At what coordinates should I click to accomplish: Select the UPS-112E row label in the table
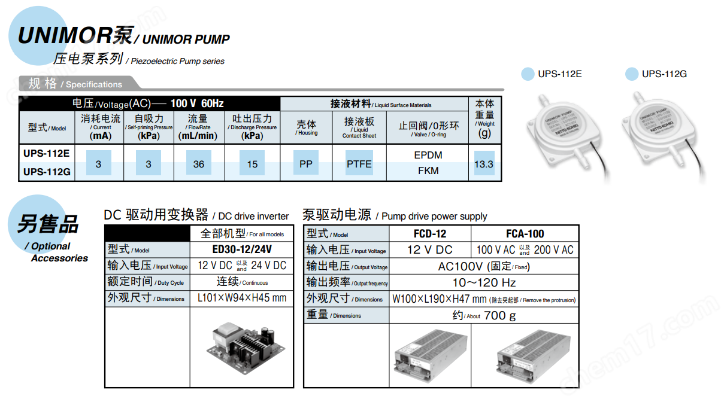[x=47, y=153]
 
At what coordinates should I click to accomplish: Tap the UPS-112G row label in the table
[x=47, y=172]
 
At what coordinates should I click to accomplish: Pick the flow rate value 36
[x=199, y=164]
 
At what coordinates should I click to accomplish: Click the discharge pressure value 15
[x=252, y=164]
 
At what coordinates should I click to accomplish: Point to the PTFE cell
[x=359, y=164]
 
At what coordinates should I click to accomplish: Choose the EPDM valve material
[x=428, y=155]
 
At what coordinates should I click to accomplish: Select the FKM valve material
[x=428, y=171]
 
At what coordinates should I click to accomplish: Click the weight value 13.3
[x=484, y=164]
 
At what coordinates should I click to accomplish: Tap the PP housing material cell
[x=306, y=164]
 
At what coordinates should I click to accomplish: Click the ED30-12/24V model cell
[x=241, y=249]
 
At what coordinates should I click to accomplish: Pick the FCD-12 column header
[x=429, y=234]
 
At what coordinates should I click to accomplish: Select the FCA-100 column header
[x=525, y=234]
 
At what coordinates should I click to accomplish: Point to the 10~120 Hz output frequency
[x=483, y=282]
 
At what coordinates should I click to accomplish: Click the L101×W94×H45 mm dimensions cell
[x=241, y=298]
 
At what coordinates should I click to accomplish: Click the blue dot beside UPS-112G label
[x=632, y=74]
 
